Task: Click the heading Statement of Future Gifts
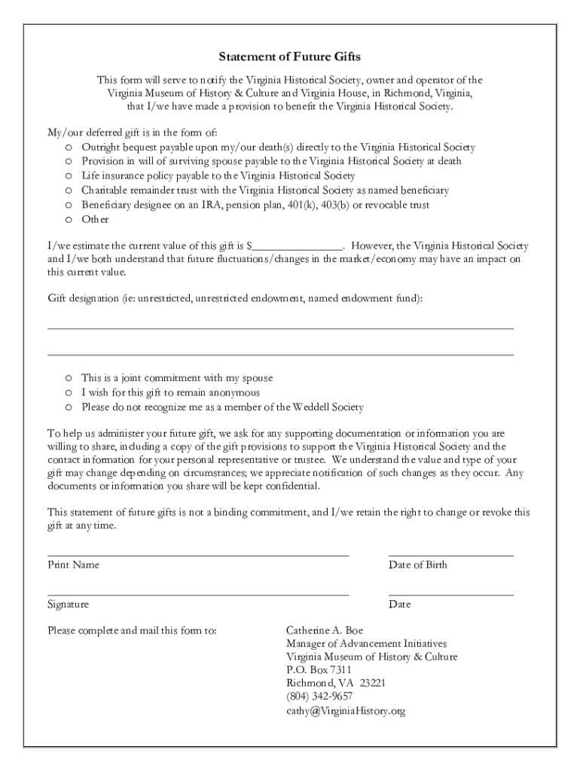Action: tap(290, 56)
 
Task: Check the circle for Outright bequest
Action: tap(68, 148)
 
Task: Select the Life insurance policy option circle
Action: tap(68, 176)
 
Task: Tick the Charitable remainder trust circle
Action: tap(68, 190)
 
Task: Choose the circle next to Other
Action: tap(68, 220)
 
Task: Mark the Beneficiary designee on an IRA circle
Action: tap(68, 206)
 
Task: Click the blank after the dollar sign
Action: tap(298, 245)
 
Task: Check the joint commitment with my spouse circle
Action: tap(68, 378)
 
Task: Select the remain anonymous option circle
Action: tap(68, 393)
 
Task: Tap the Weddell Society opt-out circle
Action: tap(68, 407)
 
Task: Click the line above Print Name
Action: tap(198, 554)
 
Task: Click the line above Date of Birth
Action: tap(450, 554)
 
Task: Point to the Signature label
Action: tap(69, 604)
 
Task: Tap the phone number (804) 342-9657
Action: tap(319, 696)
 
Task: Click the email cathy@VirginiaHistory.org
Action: tap(346, 710)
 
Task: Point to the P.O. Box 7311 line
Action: tap(319, 669)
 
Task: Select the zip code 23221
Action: tap(372, 683)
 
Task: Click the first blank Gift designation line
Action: tap(280, 328)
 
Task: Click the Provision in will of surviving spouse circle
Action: tap(68, 162)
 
